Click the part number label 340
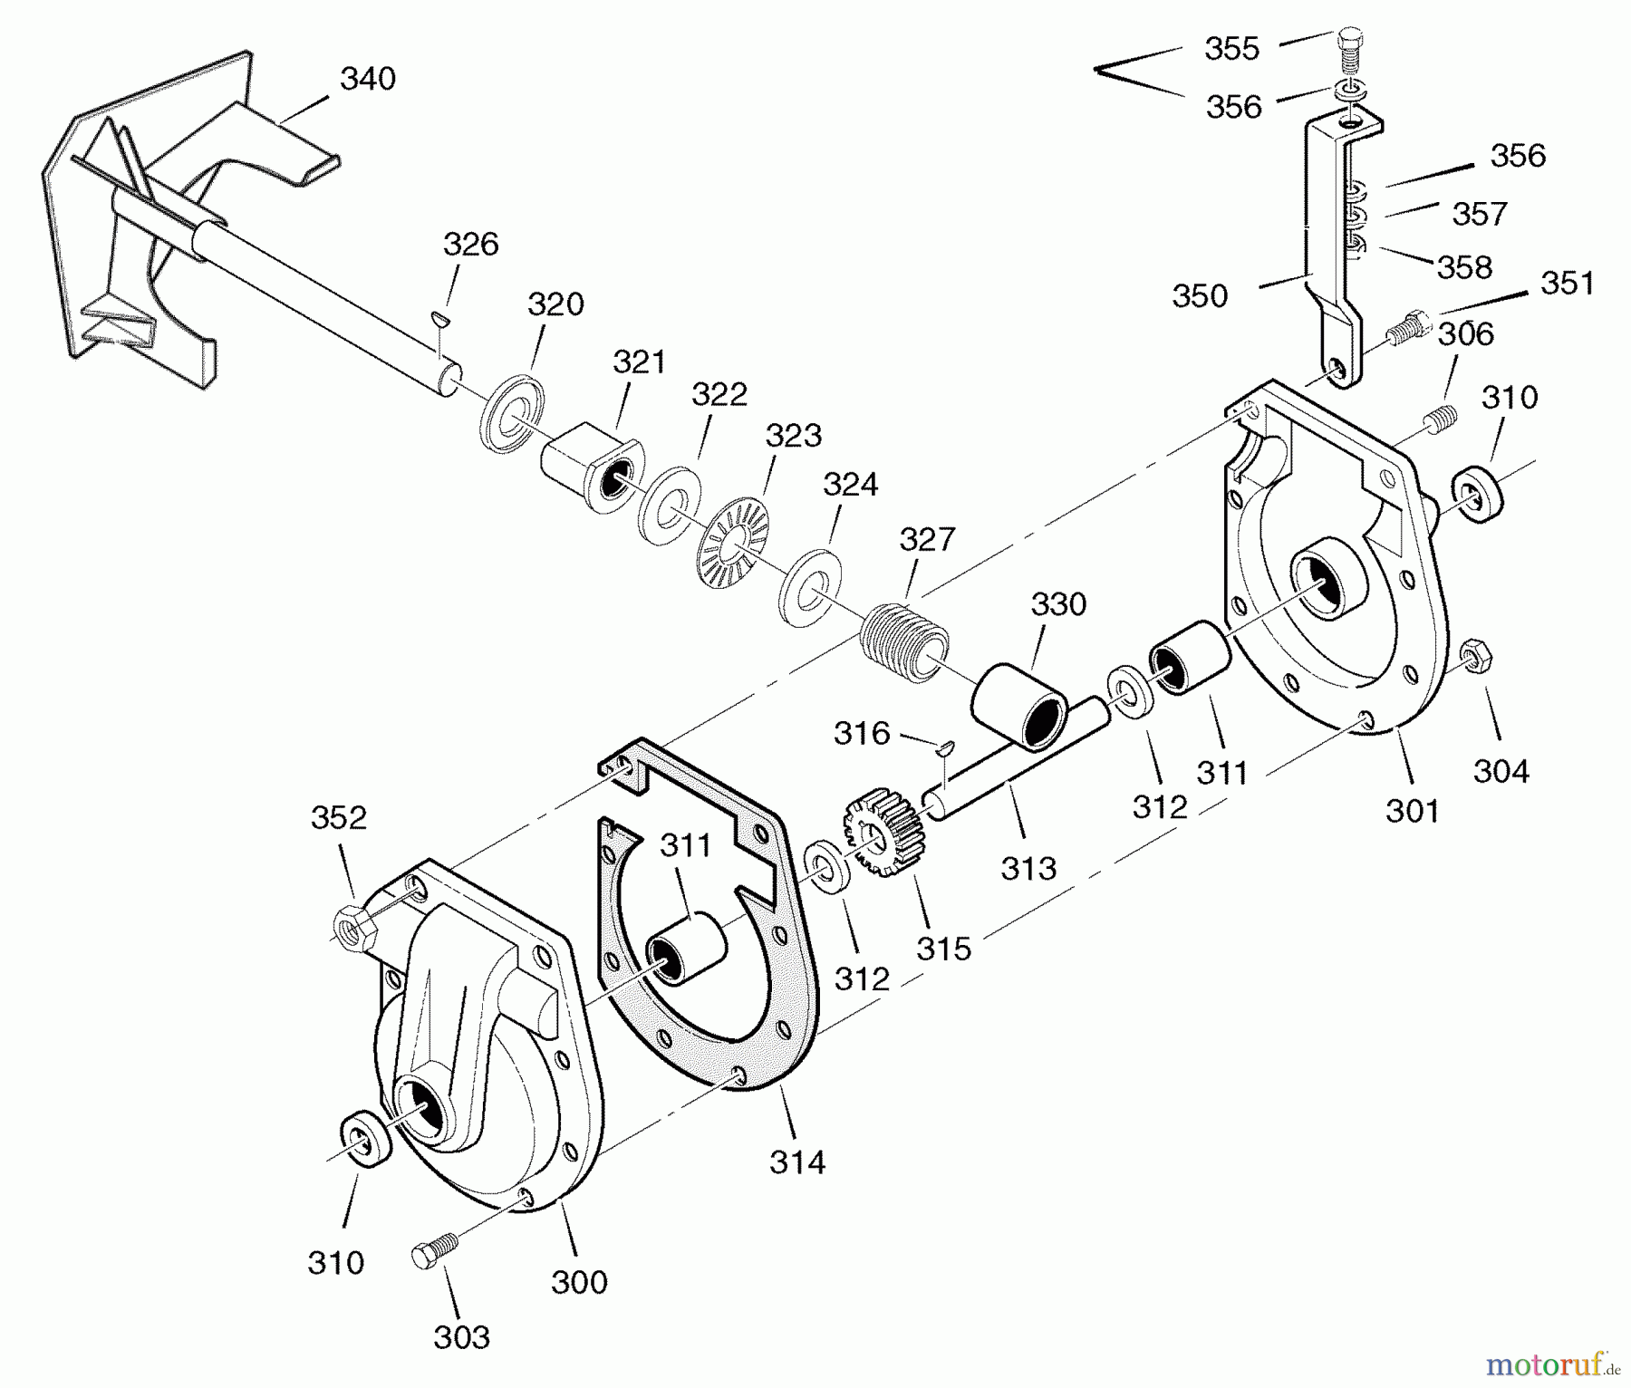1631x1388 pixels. (368, 80)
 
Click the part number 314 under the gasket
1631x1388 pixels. (797, 1161)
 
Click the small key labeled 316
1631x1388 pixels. (944, 747)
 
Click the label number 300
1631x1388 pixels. (579, 1282)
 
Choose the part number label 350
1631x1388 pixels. (1200, 296)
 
